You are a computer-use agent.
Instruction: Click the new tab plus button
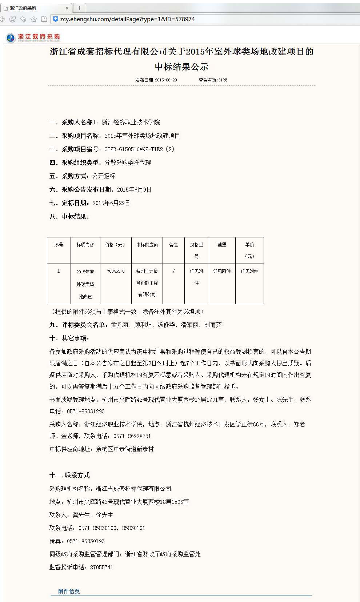79,8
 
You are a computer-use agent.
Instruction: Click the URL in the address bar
127,19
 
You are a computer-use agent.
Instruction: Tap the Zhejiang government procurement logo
33,37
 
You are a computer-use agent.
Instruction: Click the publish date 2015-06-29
166,80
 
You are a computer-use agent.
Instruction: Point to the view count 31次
223,80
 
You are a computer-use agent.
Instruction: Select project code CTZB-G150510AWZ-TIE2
133,149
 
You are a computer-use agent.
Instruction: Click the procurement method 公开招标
104,176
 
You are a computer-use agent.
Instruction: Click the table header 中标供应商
147,245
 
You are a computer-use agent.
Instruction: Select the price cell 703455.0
116,271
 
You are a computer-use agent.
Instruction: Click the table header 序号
59,245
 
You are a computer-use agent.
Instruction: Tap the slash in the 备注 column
173,271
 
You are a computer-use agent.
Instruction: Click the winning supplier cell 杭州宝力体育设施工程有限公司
147,283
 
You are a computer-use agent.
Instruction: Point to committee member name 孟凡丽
120,325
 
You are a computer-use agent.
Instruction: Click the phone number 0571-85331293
86,411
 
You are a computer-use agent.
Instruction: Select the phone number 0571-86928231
132,436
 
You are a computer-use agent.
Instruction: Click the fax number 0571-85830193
86,541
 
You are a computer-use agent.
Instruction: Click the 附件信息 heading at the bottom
69,591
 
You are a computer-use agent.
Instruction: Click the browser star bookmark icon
33,19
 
